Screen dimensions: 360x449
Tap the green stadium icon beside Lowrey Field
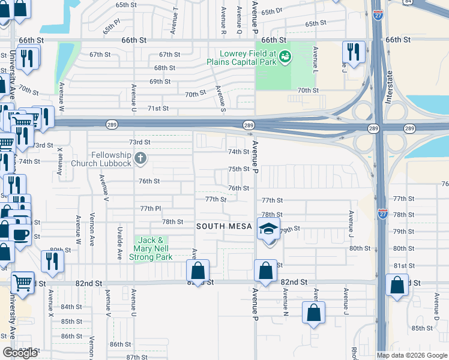[285, 57]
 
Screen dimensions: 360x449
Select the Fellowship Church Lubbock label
[101, 159]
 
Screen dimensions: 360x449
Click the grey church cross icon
[140, 159]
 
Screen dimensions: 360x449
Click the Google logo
[20, 353]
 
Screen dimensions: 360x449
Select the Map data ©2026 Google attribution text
[412, 355]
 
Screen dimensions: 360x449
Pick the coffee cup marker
[20, 234]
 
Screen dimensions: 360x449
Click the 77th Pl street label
[150, 208]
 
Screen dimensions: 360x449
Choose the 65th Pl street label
[112, 28]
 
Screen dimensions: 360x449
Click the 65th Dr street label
[271, 11]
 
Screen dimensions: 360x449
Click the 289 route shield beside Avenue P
[249, 125]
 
